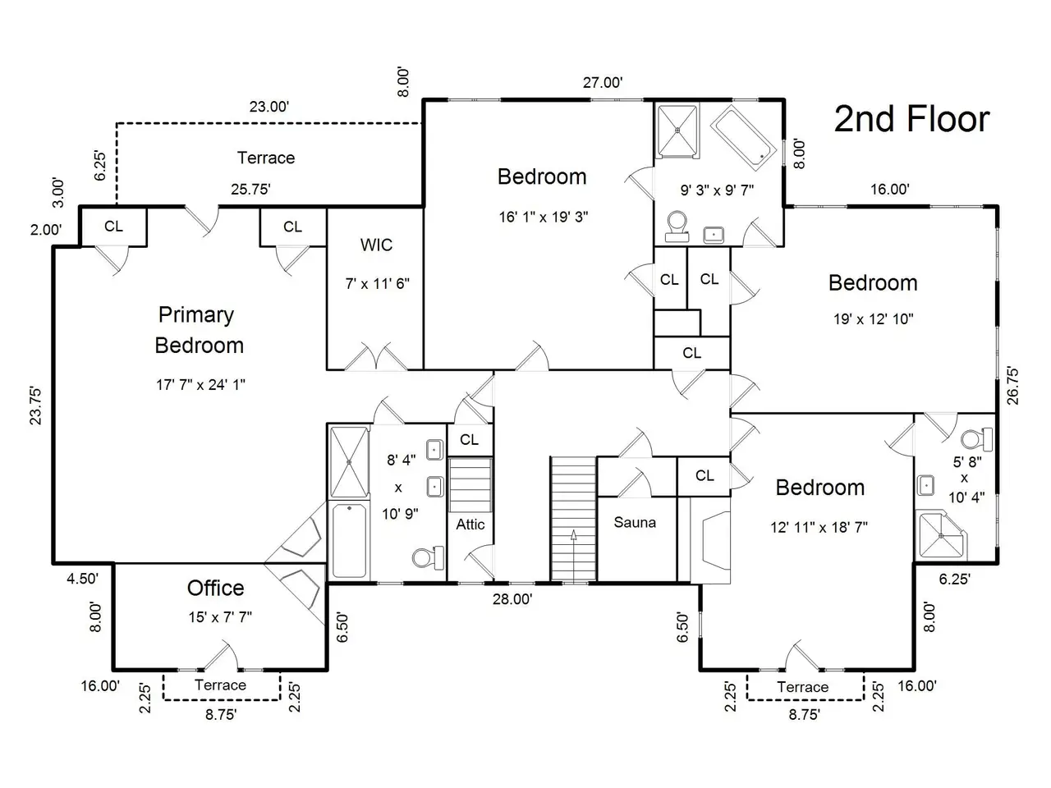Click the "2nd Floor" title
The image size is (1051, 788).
911,119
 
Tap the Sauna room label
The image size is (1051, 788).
635,522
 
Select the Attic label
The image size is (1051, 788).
470,525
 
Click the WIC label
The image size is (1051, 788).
376,245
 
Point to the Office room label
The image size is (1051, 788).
215,588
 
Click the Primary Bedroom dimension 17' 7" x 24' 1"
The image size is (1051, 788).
200,384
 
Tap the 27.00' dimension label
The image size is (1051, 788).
603,83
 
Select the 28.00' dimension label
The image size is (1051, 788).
512,599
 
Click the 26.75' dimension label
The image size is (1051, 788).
1012,386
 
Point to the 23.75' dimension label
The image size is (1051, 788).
36,405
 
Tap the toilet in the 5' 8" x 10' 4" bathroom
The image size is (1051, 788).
976,439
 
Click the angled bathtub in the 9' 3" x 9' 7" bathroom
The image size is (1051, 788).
743,138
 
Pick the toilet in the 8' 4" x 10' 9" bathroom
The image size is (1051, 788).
428,557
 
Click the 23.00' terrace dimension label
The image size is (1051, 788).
269,106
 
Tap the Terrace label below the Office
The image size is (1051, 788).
220,685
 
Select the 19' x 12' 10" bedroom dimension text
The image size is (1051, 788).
874,318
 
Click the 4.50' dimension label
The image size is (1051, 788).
82,579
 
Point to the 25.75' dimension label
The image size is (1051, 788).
251,189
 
